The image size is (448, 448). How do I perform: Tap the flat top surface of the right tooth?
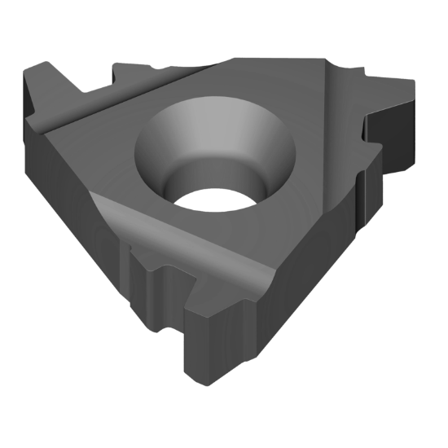pyautogui.click(x=383, y=94)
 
